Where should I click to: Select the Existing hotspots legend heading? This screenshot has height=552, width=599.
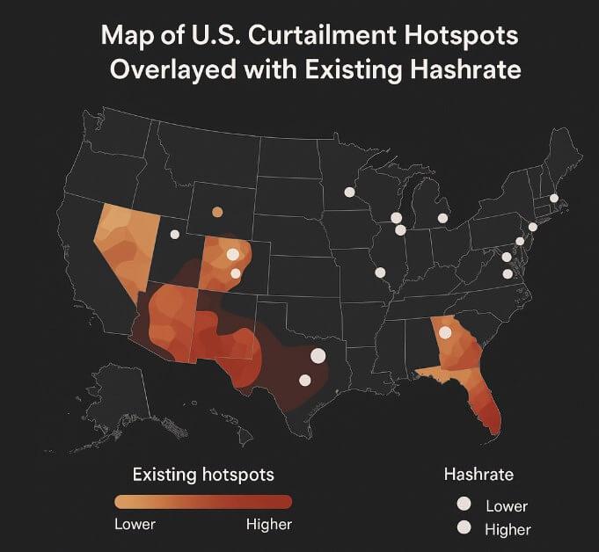pyautogui.click(x=202, y=475)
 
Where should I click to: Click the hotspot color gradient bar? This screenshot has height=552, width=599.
pyautogui.click(x=202, y=502)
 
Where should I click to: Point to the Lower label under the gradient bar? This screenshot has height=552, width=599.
pyautogui.click(x=135, y=525)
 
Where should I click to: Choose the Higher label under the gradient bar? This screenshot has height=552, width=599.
pyautogui.click(x=269, y=525)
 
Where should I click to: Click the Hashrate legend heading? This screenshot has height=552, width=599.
pyautogui.click(x=478, y=475)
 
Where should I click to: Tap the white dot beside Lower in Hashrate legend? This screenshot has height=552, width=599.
pyautogui.click(x=464, y=505)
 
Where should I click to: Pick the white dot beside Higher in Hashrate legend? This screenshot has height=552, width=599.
pyautogui.click(x=464, y=527)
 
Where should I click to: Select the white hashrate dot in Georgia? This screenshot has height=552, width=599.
pyautogui.click(x=445, y=333)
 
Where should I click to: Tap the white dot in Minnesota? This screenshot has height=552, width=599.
pyautogui.click(x=349, y=192)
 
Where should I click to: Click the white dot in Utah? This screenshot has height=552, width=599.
pyautogui.click(x=174, y=234)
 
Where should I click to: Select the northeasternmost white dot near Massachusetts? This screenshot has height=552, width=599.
pyautogui.click(x=554, y=198)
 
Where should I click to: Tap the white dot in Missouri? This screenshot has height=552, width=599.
pyautogui.click(x=380, y=272)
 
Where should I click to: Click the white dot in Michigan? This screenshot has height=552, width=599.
pyautogui.click(x=442, y=218)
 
